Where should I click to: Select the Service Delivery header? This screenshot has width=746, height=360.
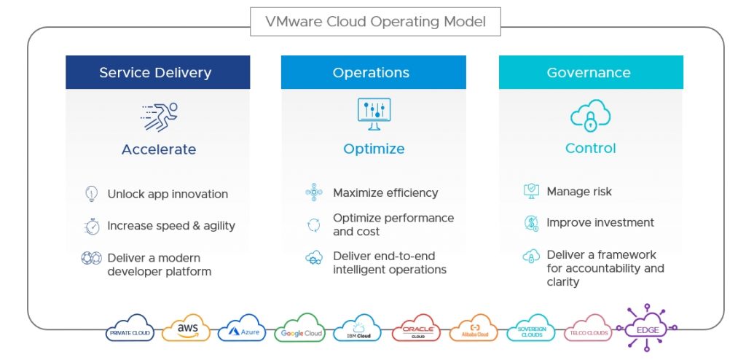155,73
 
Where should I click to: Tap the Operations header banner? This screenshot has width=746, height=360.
371,73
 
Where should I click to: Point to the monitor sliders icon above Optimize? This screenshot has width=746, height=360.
374,114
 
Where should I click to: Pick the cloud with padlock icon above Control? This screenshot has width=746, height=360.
590,115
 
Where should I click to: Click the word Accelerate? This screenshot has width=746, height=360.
159,149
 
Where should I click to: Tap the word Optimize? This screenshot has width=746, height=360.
374,149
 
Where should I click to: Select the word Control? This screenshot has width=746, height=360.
590,148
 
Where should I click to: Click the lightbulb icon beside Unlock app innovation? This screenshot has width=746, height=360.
91,194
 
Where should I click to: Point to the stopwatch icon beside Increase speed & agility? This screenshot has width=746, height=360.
91,226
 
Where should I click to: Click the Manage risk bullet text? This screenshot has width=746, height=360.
579,192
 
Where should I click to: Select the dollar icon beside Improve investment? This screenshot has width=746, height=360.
531,223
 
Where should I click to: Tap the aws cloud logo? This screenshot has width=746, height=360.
187,329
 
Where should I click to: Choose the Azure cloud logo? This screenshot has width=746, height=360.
242,330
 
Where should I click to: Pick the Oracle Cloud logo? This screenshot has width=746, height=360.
417,330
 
